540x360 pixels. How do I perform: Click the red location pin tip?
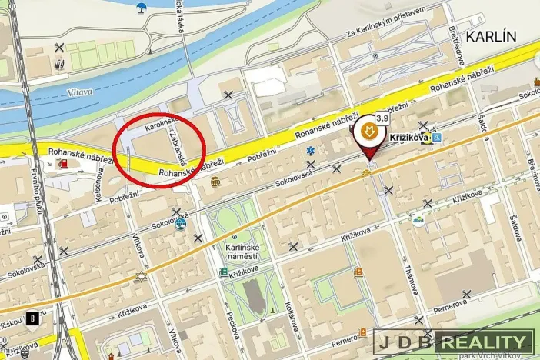(371, 162)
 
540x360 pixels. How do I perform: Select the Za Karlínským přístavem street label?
(385, 33)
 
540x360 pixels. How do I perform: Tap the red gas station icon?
(61, 163)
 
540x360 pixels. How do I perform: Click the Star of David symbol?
(141, 275)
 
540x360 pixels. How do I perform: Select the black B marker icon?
(33, 318)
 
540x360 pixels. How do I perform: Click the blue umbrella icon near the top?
(140, 9)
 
